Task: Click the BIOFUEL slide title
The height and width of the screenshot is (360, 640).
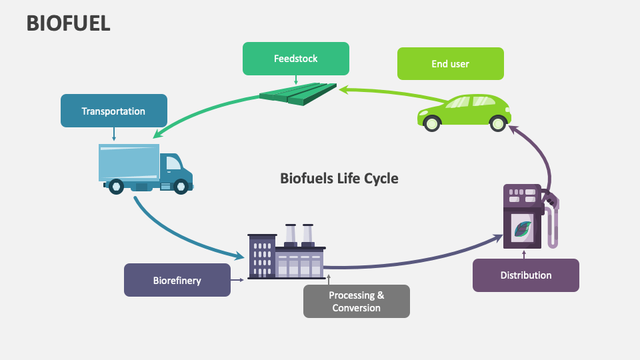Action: click(x=68, y=23)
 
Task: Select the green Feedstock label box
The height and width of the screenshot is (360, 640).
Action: click(x=295, y=59)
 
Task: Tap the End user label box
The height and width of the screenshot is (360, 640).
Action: click(x=450, y=64)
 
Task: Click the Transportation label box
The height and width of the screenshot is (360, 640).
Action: click(x=113, y=111)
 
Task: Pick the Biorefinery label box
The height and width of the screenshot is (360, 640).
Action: click(x=177, y=280)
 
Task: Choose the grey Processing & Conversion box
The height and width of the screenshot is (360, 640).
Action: click(x=356, y=301)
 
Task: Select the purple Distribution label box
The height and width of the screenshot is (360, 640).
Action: click(x=525, y=275)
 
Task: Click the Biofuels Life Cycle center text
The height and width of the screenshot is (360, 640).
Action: click(x=339, y=178)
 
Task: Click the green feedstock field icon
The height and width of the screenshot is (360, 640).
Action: click(x=298, y=93)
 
